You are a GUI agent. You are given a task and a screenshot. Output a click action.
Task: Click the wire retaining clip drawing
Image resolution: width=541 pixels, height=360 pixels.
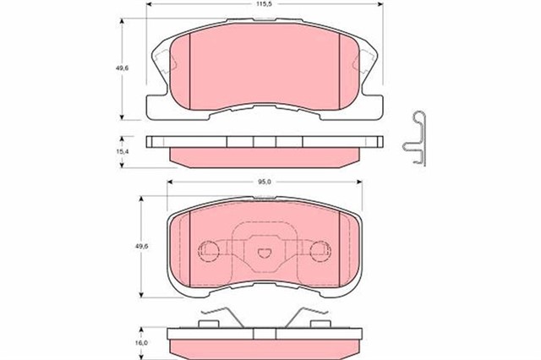click(x=417, y=138)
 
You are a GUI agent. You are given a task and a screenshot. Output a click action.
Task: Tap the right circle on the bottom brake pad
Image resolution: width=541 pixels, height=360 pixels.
click(x=320, y=249)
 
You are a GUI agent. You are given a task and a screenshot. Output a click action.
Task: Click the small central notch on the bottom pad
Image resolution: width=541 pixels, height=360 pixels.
click(x=264, y=250)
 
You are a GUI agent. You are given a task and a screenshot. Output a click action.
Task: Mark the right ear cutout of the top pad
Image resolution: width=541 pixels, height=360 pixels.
click(x=367, y=62)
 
